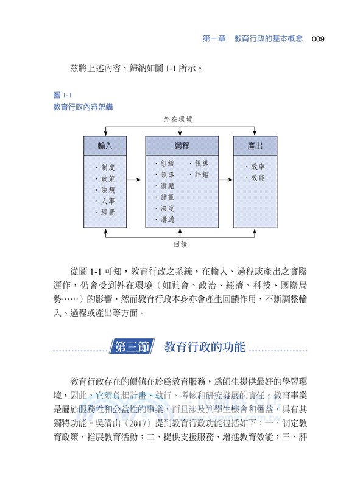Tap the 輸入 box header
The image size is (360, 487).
pyautogui.click(x=105, y=145)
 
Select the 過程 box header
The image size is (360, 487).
pyautogui.click(x=182, y=145)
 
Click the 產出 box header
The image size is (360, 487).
pyautogui.click(x=255, y=145)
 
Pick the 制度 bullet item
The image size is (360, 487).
pyautogui.click(x=107, y=168)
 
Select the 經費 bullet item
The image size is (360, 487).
pyautogui.click(x=107, y=212)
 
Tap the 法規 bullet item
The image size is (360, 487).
pyautogui.click(x=107, y=191)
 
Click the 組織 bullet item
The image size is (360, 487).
pyautogui.click(x=166, y=163)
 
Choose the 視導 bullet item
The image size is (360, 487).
pyautogui.click(x=200, y=163)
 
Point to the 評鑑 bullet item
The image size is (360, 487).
pyautogui.click(x=200, y=175)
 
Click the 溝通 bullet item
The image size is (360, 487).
pyautogui.click(x=166, y=219)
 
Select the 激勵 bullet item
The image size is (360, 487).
pyautogui.click(x=166, y=186)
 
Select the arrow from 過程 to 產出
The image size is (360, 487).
pyautogui.click(x=225, y=180)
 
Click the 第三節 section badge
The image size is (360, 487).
pyautogui.click(x=133, y=348)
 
